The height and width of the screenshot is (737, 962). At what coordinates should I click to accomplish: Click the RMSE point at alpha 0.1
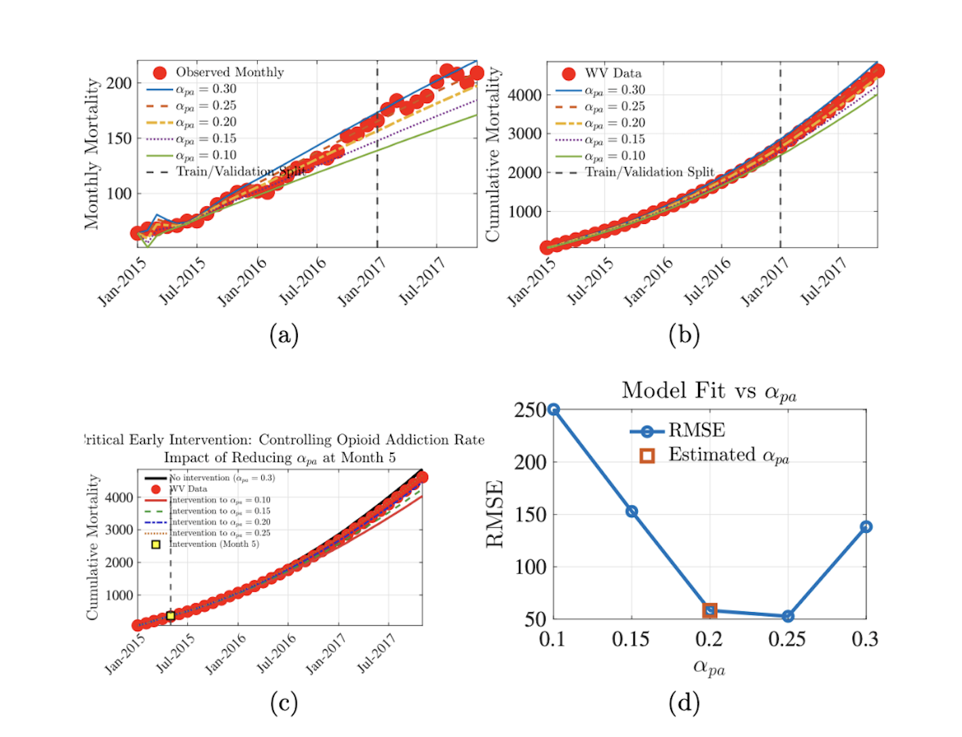tap(554, 409)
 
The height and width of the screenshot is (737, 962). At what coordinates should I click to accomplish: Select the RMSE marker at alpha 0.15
tap(632, 511)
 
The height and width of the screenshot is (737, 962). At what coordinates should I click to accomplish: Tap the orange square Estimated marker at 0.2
tap(710, 610)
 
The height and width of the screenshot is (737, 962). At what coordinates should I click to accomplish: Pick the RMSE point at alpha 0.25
tap(788, 616)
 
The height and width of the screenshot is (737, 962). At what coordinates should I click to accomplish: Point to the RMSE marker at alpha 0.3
tap(866, 527)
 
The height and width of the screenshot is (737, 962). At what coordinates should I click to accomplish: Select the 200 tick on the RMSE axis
tap(531, 462)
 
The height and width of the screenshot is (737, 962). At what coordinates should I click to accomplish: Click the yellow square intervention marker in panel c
tap(170, 616)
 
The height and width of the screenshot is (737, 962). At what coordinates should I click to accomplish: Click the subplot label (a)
tap(284, 335)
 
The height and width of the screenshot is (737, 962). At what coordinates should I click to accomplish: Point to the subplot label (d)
tap(684, 703)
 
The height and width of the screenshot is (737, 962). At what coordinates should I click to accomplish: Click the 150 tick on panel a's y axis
tap(119, 138)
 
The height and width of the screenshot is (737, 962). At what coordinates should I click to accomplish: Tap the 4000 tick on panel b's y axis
tap(524, 95)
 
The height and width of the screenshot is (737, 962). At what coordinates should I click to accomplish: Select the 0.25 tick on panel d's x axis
tap(787, 639)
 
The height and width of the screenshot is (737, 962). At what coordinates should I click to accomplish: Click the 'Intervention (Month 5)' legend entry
tap(214, 544)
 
